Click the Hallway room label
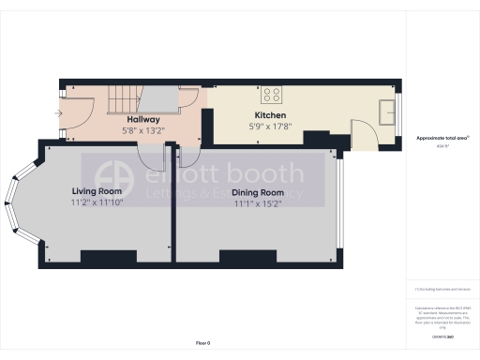pyautogui.click(x=143, y=120)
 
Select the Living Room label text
pyautogui.click(x=97, y=191)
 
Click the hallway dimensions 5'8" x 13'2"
pyautogui.click(x=144, y=130)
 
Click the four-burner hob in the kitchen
pyautogui.click(x=273, y=94)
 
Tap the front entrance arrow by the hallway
pyautogui.click(x=60, y=113)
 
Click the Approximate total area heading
pyautogui.click(x=442, y=138)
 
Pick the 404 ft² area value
pyautogui.click(x=442, y=146)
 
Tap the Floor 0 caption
pyautogui.click(x=202, y=344)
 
